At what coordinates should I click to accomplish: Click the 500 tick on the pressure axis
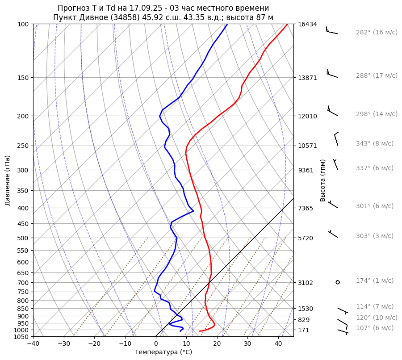(23, 238)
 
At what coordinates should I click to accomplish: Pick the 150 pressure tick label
(23, 78)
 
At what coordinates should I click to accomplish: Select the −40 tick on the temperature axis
(33, 344)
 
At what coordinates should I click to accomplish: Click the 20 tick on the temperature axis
(217, 344)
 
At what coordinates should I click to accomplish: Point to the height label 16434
(307, 24)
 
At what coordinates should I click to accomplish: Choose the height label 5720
(306, 238)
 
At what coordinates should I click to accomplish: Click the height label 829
(304, 320)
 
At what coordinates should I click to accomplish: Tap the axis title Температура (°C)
(163, 352)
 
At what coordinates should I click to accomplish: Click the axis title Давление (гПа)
(8, 180)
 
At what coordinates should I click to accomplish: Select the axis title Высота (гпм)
(323, 180)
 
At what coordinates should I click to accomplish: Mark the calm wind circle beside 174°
(338, 282)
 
